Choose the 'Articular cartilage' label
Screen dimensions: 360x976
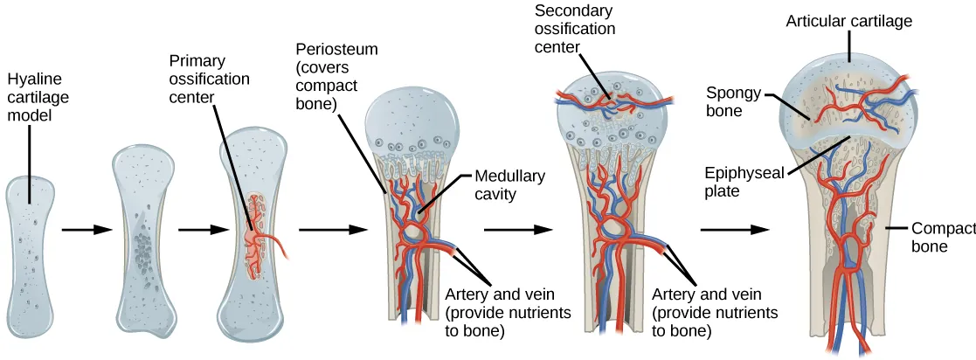[x=848, y=21]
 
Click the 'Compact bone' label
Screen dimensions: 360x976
[x=942, y=237]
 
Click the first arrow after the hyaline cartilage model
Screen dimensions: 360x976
[x=87, y=230]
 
